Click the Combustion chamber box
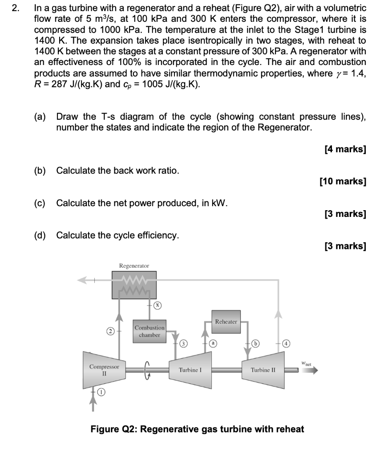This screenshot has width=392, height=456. pos(150,331)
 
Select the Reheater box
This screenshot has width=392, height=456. pos(226,321)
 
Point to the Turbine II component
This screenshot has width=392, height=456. pos(263,370)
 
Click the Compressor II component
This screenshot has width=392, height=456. pos(104,370)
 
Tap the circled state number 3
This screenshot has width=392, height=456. pos(182,343)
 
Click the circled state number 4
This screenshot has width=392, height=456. pos(287,343)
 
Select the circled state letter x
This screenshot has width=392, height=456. pos(157,305)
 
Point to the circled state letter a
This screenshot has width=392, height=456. pos(214,343)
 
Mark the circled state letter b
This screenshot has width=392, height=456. pos(255,343)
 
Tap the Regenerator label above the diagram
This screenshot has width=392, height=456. pos(134,266)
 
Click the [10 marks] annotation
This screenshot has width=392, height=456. pos(343,181)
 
